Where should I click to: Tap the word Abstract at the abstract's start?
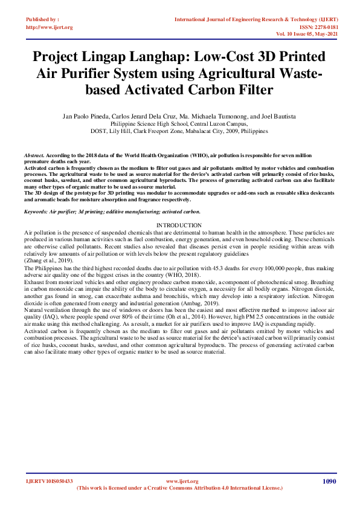pos(34,155)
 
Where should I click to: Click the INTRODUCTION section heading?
pos(179,225)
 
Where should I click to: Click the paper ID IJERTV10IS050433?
pos(48,481)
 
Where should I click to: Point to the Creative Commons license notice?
pos(180,487)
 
